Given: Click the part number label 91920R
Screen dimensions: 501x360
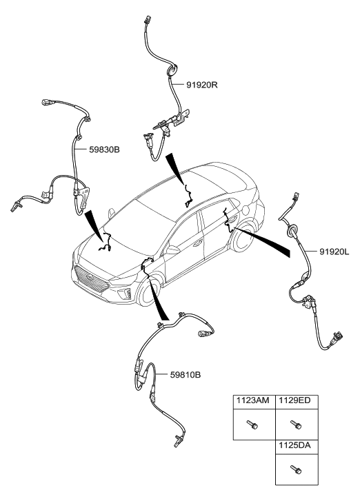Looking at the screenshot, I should coord(203,86).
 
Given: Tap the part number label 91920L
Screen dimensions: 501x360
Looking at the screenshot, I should coord(334,252).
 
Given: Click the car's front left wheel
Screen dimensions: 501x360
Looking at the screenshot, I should coord(149,292).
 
